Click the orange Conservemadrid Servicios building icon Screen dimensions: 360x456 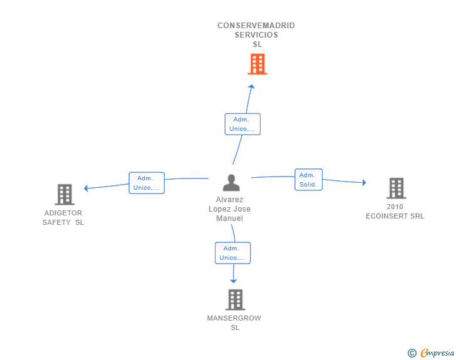(x=257, y=64)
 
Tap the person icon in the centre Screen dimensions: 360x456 (x=231, y=183)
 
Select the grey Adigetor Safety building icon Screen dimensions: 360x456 (x=65, y=195)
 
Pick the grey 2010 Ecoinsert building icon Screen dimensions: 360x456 (x=395, y=188)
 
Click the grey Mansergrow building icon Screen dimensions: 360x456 (x=235, y=300)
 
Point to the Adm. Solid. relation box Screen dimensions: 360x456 (x=308, y=180)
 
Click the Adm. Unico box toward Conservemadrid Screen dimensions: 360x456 (x=242, y=124)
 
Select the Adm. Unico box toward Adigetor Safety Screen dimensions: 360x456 (x=147, y=183)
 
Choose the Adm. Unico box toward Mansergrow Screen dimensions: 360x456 (x=232, y=253)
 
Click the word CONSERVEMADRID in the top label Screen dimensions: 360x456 (x=256, y=26)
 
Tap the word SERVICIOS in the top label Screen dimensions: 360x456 (x=256, y=35)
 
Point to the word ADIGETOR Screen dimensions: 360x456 (x=63, y=213)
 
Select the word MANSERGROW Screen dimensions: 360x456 (x=234, y=318)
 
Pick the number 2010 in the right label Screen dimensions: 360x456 (x=395, y=207)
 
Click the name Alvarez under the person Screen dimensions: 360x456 (x=230, y=200)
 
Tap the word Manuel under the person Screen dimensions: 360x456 (x=229, y=219)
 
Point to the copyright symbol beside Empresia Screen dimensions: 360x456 (x=412, y=353)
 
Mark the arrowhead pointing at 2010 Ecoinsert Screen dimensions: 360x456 (x=363, y=183)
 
